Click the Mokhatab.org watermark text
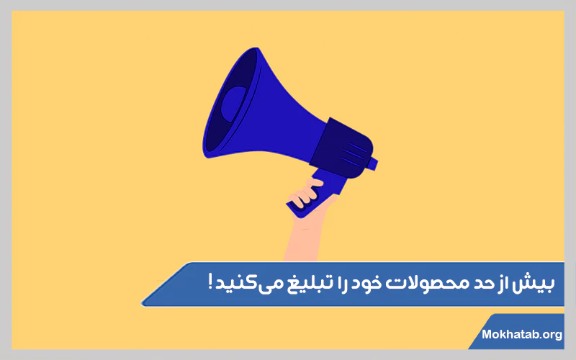pyautogui.click(x=521, y=334)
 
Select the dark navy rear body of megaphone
pyautogui.click(x=338, y=144)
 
